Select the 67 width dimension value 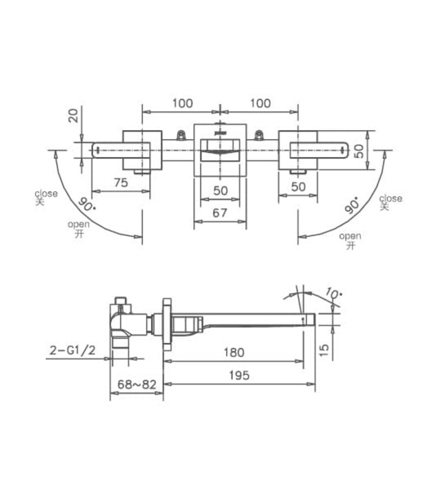pos(219,213)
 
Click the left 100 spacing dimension pos(181,103)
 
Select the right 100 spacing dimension pos(259,103)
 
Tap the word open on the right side pos(350,236)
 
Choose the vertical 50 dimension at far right pos(359,151)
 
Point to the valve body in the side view pos(131,321)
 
